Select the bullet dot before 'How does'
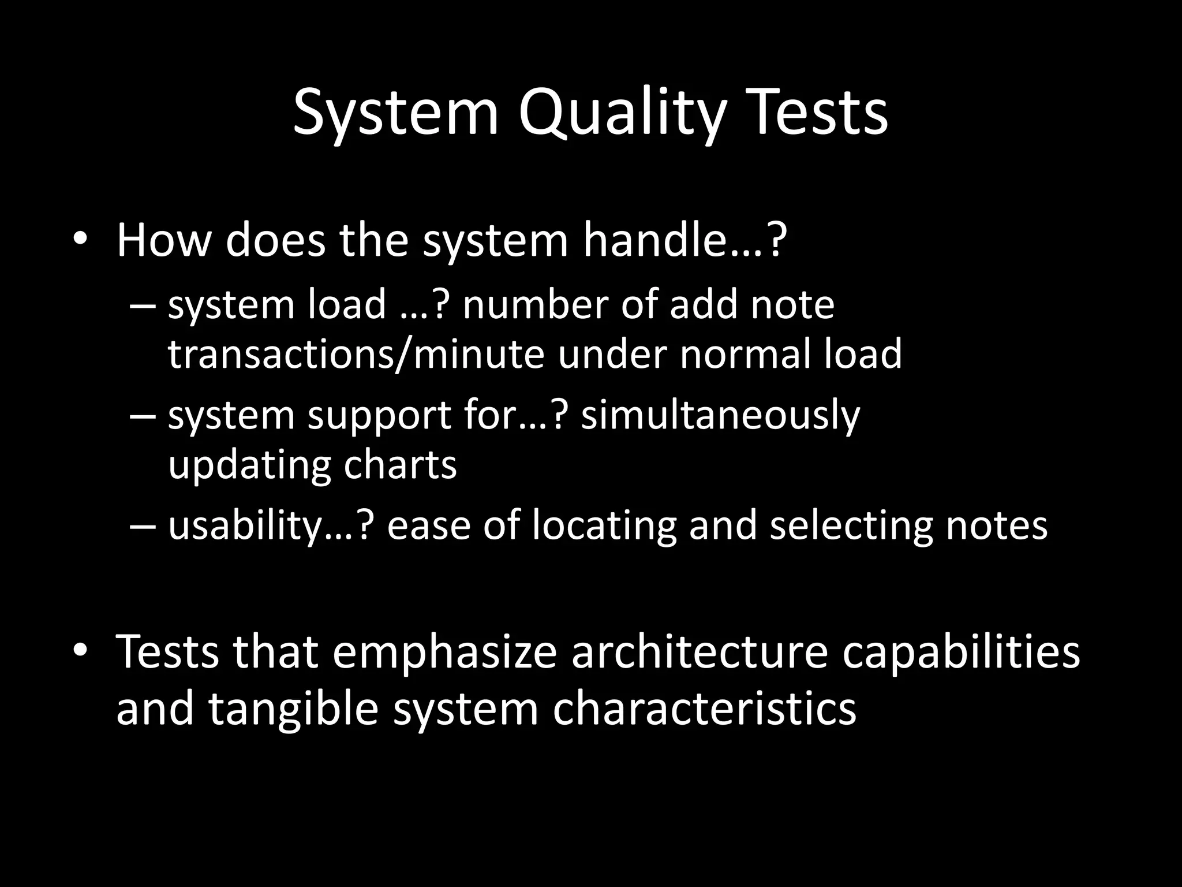tap(80, 240)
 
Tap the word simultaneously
tap(720, 416)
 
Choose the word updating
tap(249, 465)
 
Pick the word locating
tap(604, 526)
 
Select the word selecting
tap(851, 526)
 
